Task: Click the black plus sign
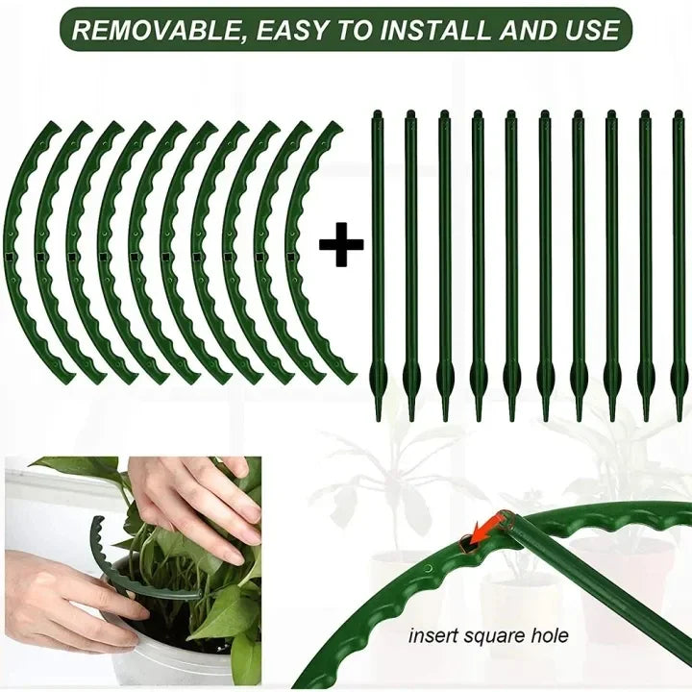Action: pos(341,247)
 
